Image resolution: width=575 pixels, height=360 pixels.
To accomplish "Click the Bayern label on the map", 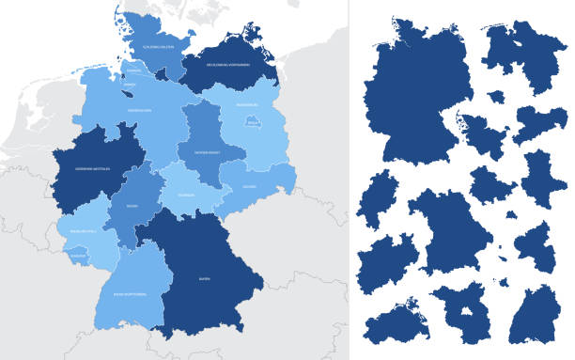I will pyautogui.click(x=204, y=278).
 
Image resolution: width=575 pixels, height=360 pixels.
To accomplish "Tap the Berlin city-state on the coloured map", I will pyautogui.click(x=252, y=121).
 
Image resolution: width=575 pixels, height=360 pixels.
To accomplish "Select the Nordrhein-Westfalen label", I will pyautogui.click(x=95, y=169).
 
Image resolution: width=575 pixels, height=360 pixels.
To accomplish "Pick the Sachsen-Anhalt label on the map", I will pyautogui.click(x=208, y=150).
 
